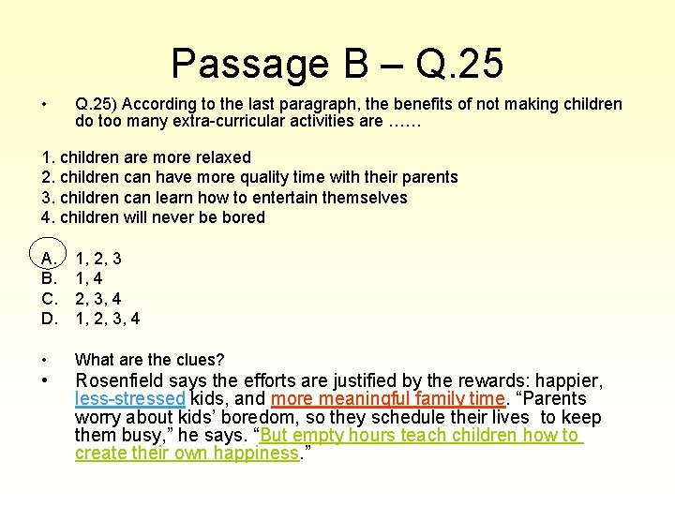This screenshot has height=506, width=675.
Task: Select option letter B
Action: [49, 277]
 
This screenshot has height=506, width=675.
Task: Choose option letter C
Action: [49, 298]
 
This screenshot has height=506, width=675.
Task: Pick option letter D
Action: [49, 319]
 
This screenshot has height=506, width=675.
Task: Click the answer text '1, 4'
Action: [89, 277]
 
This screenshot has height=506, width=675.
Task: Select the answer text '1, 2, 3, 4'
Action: [107, 319]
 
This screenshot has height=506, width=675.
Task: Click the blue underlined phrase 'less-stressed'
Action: [129, 399]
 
